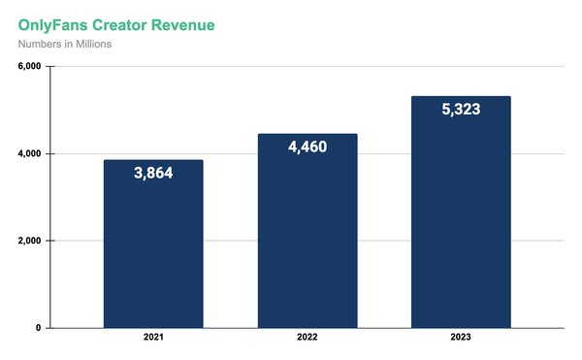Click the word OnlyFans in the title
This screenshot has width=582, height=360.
point(56,22)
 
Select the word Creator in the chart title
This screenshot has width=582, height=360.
point(130,22)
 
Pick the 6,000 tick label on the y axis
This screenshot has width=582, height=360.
point(26,67)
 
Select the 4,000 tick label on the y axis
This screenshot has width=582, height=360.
point(26,154)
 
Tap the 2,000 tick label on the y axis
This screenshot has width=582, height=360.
point(26,241)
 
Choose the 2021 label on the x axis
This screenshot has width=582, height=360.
point(153,341)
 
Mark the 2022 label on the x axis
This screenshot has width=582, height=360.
point(307,341)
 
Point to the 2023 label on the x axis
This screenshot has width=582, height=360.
point(462,341)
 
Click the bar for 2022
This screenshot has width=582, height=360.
point(307,243)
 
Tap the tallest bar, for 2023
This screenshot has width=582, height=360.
point(462,223)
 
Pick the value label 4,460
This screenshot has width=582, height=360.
point(307,149)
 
